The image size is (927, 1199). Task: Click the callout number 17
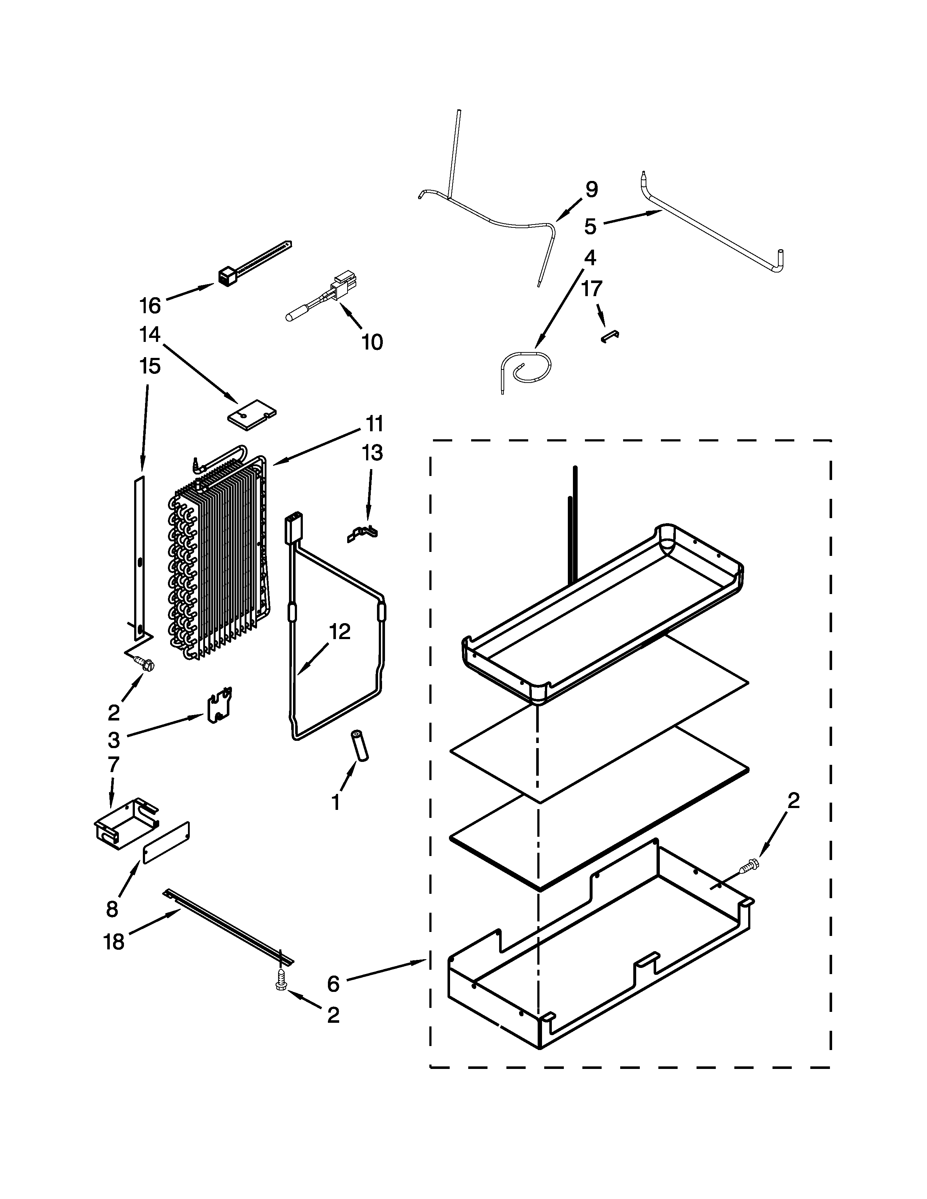(x=592, y=288)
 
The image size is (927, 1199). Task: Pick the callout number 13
(x=372, y=453)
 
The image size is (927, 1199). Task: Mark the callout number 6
(x=333, y=984)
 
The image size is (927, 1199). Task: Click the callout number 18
(x=114, y=942)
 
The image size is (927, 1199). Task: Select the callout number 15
(x=149, y=366)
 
